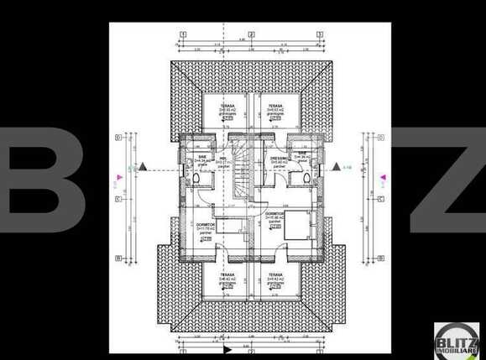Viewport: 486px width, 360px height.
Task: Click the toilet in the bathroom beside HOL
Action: click(196, 179)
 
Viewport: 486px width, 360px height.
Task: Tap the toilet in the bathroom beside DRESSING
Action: click(306, 179)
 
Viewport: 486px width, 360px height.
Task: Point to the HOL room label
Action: click(223, 159)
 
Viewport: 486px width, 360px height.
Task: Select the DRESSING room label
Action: click(278, 159)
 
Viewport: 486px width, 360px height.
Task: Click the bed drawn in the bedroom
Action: click(293, 227)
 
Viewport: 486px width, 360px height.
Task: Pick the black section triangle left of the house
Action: click(144, 167)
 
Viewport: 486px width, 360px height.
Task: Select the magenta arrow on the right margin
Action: click(384, 178)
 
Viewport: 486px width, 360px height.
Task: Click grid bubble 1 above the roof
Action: click(181, 34)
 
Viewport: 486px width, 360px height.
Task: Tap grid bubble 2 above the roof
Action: click(249, 34)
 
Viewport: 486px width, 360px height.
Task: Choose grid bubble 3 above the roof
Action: click(320, 34)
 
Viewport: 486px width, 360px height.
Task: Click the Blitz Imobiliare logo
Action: click(456, 338)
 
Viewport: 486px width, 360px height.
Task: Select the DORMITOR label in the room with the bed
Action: click(274, 214)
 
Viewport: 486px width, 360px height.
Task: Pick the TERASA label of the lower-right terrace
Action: click(274, 274)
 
